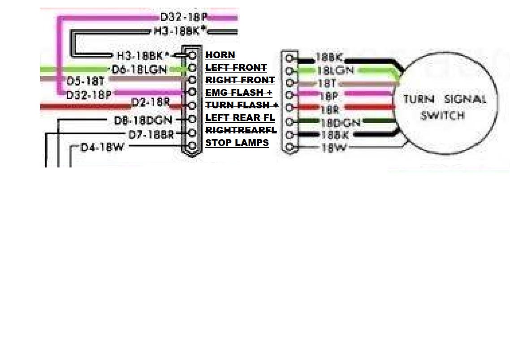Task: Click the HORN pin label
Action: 220,55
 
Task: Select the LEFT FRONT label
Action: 236,68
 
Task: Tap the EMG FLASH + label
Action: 239,93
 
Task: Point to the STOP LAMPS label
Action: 237,143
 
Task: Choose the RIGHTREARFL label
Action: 241,130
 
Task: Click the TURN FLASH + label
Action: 242,105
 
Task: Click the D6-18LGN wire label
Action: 139,69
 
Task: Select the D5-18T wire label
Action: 86,81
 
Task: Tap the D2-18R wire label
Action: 150,102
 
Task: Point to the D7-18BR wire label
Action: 151,134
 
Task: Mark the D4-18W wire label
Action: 102,147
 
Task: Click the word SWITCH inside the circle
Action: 442,116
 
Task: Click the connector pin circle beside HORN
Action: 193,55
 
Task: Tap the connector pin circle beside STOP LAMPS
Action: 193,146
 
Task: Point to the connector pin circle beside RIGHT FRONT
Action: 193,80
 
